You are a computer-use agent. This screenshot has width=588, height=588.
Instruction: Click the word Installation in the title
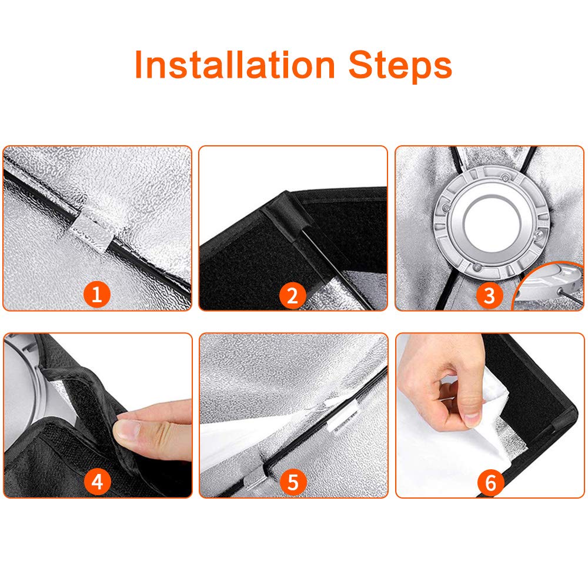point(235,65)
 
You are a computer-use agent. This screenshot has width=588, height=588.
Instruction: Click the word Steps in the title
point(400,65)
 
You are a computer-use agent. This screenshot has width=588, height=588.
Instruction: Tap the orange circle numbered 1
point(97,294)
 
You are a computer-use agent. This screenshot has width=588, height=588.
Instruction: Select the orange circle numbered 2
point(292,295)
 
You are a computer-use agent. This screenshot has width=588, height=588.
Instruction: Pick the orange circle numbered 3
point(489,295)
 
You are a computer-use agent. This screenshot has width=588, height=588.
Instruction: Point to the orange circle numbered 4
point(97,481)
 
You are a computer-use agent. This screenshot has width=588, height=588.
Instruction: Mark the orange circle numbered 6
point(490,482)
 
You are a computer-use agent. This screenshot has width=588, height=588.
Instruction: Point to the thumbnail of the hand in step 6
point(472,418)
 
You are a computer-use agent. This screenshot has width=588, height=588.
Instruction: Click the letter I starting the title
point(138,65)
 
